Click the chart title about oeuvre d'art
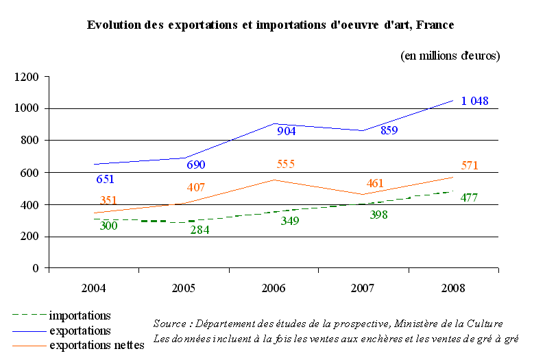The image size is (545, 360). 270,25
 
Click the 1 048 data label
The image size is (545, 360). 474,101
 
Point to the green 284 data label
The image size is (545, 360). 199,230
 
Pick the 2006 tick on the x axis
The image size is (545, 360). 274,287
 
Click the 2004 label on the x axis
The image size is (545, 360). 93,287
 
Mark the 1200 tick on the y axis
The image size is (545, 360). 27,77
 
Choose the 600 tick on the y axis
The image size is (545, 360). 31,173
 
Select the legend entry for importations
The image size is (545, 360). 80,315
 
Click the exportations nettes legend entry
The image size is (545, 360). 97,345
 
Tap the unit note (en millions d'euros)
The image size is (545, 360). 450,56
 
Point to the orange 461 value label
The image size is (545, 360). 375,183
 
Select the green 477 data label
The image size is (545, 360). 469,198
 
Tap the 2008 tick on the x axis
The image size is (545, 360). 453,287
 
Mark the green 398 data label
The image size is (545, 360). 375,216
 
